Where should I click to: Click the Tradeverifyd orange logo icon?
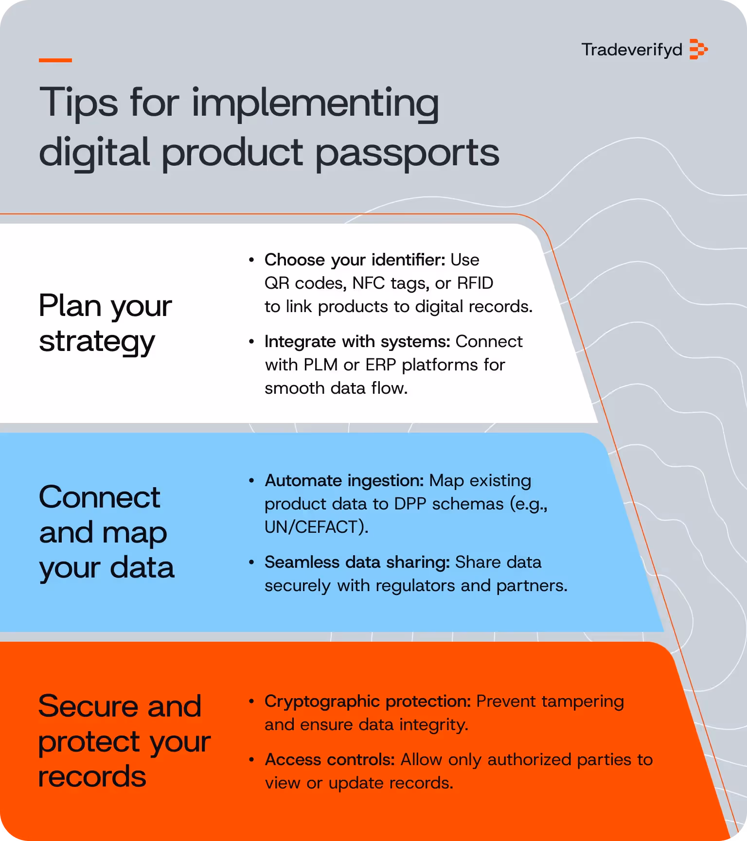pos(698,50)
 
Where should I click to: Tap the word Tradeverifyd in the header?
pos(632,50)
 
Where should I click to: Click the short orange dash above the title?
pos(55,60)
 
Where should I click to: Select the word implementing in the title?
pos(315,103)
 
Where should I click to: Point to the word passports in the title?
pos(408,153)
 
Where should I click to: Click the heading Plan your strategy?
pos(105,323)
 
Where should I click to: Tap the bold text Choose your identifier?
pos(355,260)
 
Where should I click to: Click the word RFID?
pos(475,283)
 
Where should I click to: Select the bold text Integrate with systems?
pos(357,342)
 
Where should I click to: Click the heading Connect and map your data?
pos(107,532)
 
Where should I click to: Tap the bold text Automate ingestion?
pos(344,481)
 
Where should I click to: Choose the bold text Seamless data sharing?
pos(357,562)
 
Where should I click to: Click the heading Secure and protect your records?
pos(124,741)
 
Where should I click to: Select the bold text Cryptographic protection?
pos(368,701)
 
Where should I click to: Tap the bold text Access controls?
pos(330,760)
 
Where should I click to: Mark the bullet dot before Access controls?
pos(251,759)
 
